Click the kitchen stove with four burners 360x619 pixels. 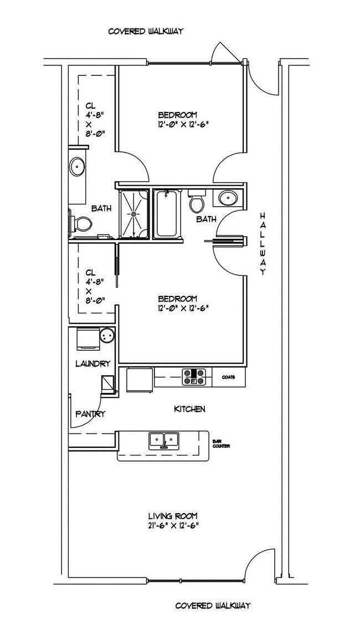194,377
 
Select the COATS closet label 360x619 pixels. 229,377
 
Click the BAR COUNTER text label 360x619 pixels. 221,444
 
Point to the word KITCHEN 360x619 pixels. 190,409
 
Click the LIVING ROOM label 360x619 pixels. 173,516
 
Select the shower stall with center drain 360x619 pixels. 134,214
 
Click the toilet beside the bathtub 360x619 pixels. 197,201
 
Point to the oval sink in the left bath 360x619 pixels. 76,167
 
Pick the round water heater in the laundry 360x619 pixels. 106,336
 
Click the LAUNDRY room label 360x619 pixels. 92,364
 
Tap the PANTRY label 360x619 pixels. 90,414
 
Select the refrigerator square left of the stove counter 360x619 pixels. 140,380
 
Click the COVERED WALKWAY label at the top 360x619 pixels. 146,31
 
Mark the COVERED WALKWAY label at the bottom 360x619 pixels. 213,605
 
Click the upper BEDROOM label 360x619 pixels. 178,115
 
